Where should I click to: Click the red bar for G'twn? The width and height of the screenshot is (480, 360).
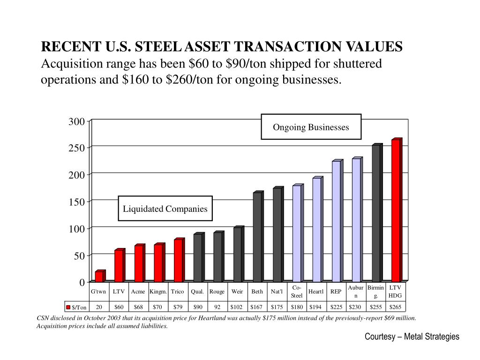(x=99, y=277)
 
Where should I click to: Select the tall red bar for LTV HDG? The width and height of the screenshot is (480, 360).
(x=397, y=211)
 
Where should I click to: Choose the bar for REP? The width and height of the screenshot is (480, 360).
(x=337, y=221)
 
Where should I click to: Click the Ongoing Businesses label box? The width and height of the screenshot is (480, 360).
(x=311, y=127)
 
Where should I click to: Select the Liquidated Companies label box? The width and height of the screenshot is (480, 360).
(x=165, y=209)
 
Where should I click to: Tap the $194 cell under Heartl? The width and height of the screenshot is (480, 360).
(x=316, y=307)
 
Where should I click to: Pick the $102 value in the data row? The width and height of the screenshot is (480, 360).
(x=237, y=307)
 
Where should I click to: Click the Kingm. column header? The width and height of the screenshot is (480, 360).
(x=158, y=292)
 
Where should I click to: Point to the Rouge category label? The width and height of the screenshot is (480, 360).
(x=217, y=292)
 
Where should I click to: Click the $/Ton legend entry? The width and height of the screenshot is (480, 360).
(x=76, y=307)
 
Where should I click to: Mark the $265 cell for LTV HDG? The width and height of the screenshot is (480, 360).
(x=396, y=307)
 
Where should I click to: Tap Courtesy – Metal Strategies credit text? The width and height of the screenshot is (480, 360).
(x=412, y=337)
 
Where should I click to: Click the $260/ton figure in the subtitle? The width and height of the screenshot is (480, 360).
(x=178, y=79)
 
